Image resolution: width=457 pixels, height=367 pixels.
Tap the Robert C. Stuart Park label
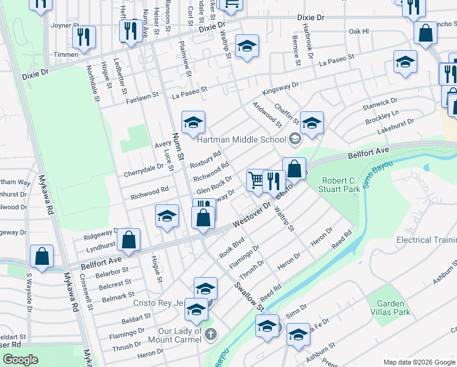333,185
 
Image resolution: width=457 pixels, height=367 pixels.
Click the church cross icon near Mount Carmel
211,334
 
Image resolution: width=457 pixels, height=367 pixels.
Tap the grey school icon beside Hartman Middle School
295,139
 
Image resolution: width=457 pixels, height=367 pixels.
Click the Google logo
21,360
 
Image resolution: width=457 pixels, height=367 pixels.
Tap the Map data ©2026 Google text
419,362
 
